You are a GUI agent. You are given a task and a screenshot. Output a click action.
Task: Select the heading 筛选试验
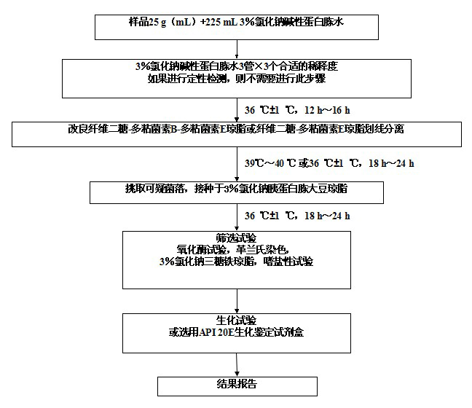click(x=237, y=238)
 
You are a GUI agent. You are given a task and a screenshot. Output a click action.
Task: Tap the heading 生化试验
click(x=237, y=320)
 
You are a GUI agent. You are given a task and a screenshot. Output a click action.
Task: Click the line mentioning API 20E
click(x=237, y=331)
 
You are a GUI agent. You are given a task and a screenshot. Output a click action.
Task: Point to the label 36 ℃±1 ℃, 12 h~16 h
click(x=297, y=110)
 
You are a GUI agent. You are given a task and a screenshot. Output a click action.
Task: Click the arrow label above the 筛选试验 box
click(x=297, y=216)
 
